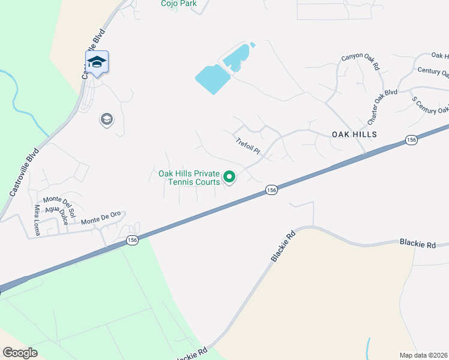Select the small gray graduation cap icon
(107, 120)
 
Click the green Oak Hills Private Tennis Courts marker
(229, 177)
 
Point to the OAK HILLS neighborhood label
(354, 134)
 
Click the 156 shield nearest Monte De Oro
(132, 240)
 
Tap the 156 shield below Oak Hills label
(411, 140)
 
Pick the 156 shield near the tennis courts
(271, 190)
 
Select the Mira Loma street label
(37, 220)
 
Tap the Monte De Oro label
(101, 221)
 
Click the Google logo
(20, 353)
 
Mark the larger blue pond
(212, 79)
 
